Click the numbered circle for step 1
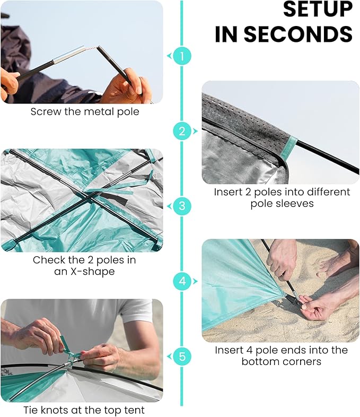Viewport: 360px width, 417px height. [182, 56]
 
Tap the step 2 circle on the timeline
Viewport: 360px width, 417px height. [182, 131]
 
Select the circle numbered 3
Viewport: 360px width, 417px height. [182, 206]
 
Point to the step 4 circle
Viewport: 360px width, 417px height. [182, 281]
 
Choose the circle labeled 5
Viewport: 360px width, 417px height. [182, 357]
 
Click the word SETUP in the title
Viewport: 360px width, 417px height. [318, 10]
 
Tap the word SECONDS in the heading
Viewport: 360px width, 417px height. [298, 34]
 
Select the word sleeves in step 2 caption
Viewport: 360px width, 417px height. [297, 204]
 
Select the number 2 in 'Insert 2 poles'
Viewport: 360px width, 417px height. [248, 192]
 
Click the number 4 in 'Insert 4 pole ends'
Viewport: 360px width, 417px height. [249, 350]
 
